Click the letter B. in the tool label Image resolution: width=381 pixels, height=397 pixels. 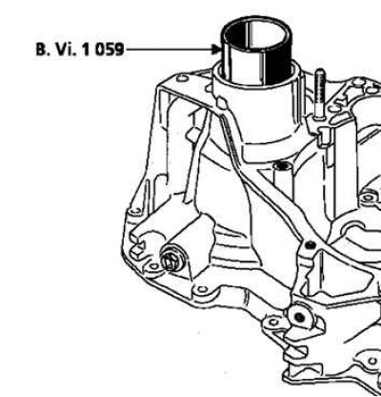pyautogui.click(x=43, y=50)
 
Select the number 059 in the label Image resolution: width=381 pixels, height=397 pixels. pyautogui.click(x=109, y=50)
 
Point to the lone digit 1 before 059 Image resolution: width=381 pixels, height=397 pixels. pyautogui.click(x=86, y=50)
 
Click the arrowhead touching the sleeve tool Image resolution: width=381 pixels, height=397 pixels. pyautogui.click(x=217, y=50)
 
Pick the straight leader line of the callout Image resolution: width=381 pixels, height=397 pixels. pyautogui.click(x=170, y=50)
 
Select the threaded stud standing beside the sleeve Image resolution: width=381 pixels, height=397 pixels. pyautogui.click(x=320, y=94)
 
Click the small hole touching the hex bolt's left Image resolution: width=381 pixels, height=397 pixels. pyautogui.click(x=154, y=266)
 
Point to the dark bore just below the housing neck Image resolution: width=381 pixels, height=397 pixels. pyautogui.click(x=281, y=165)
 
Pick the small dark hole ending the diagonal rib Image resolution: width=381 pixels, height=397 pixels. pyautogui.click(x=311, y=245)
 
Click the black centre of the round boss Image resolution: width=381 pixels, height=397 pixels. pyautogui.click(x=300, y=317)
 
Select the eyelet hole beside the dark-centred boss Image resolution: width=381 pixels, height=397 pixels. pyautogui.click(x=273, y=322)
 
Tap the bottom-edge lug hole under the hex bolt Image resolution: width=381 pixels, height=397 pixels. pyautogui.click(x=202, y=289)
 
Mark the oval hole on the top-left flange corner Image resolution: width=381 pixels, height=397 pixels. pyautogui.click(x=183, y=78)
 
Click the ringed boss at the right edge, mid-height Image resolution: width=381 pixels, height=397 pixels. pyautogui.click(x=369, y=198)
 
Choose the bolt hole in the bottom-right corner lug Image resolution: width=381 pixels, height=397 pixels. pyautogui.click(x=372, y=362)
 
